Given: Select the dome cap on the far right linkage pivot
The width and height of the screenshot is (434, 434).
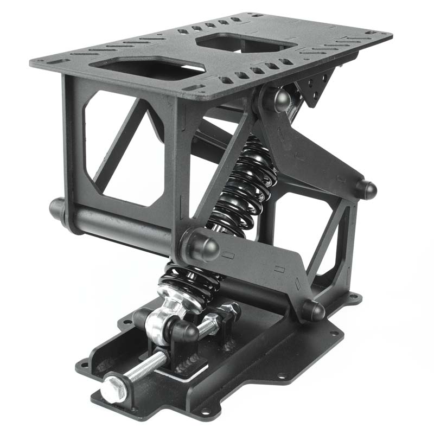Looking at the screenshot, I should [x=366, y=189].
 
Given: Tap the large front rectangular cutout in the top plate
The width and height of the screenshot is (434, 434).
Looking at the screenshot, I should [x=146, y=67].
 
